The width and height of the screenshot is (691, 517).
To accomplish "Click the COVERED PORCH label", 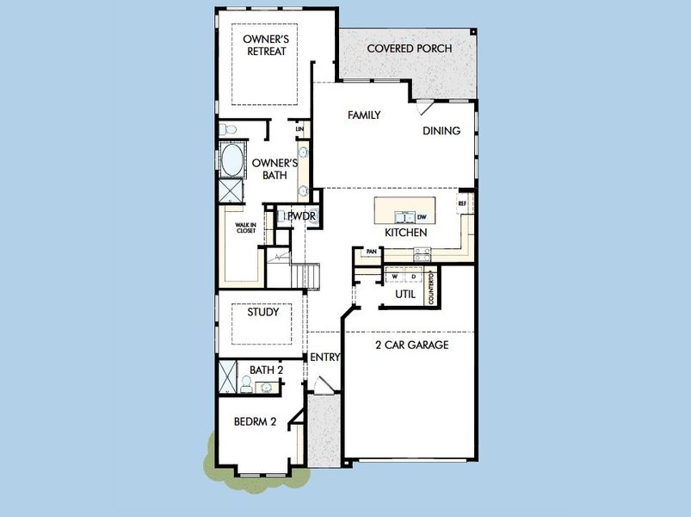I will click(409, 48).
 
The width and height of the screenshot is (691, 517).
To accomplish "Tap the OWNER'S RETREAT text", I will click(265, 45).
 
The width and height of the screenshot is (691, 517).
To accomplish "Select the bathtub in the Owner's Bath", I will click(231, 160).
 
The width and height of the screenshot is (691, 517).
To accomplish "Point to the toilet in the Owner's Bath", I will click(227, 130).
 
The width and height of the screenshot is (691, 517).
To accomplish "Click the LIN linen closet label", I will click(299, 129).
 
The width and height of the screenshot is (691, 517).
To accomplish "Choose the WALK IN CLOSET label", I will click(246, 228).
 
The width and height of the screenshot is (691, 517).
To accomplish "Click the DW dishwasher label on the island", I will click(422, 216).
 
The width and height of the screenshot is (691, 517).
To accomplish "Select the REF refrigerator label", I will click(462, 203).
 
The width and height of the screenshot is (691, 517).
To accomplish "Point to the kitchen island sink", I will click(400, 216).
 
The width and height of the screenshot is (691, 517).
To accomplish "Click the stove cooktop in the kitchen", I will click(423, 253).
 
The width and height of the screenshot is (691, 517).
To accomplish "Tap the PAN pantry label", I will click(372, 252).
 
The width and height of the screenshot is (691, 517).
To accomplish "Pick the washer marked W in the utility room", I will click(395, 277).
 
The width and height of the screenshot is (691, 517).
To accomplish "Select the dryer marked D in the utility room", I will click(413, 277).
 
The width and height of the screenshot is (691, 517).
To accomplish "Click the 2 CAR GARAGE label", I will click(411, 345).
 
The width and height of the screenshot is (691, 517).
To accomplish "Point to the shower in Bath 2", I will click(229, 377).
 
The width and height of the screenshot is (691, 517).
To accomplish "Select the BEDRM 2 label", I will click(255, 421).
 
